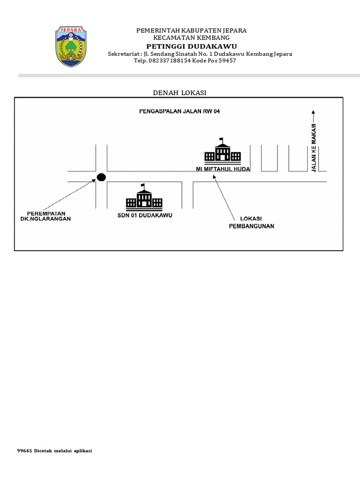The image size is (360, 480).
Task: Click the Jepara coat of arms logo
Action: [71, 46]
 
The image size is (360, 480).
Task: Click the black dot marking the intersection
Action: [101, 177]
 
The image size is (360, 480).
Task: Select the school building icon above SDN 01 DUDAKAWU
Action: [144, 197]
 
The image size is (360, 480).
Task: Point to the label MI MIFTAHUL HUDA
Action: [223, 169]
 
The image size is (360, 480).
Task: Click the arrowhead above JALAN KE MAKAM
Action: [314, 112]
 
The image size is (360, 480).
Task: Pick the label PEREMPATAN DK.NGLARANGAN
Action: [45, 216]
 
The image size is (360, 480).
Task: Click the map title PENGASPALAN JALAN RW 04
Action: [180, 112]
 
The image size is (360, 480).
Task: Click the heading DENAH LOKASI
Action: [180, 93]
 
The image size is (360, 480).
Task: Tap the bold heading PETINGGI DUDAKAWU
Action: [191, 46]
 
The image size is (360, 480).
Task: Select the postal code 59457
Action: [226, 60]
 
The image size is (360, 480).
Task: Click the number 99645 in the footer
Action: [24, 451]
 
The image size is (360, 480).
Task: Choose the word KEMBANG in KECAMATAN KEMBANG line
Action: [213, 37]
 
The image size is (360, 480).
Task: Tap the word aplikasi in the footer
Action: [82, 451]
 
